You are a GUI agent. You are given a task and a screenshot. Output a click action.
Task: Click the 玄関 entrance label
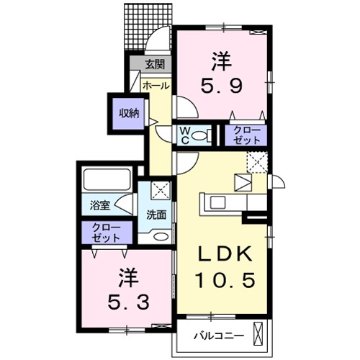[155, 65]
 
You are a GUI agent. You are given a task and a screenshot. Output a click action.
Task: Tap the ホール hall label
[156, 86]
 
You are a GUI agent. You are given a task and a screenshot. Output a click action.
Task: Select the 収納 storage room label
[130, 113]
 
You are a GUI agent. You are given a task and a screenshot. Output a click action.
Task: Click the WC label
[185, 135]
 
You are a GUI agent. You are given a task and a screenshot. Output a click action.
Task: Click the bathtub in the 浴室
[107, 180]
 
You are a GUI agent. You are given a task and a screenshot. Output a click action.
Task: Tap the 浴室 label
[100, 206]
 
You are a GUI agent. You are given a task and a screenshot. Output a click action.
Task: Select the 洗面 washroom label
[156, 215]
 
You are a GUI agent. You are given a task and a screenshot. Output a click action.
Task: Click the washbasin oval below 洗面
[161, 236]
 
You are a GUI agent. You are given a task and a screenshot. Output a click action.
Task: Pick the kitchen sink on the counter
[218, 203]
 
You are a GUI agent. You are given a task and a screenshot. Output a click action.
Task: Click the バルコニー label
[219, 336]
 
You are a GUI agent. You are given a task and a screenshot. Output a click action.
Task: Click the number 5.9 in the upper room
[221, 86]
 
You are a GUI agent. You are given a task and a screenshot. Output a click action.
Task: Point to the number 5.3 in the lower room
[128, 302]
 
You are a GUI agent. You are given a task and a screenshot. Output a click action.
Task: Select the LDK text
[225, 254]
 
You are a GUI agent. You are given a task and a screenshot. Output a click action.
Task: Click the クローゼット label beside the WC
[246, 135]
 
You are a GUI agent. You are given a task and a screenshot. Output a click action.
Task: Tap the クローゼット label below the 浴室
[106, 233]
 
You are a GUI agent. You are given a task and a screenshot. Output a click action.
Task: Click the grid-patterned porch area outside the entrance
[148, 27]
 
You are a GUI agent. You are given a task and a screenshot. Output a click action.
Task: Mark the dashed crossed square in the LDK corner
[257, 162]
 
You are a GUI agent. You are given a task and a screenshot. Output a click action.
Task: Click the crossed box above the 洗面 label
[161, 190]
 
